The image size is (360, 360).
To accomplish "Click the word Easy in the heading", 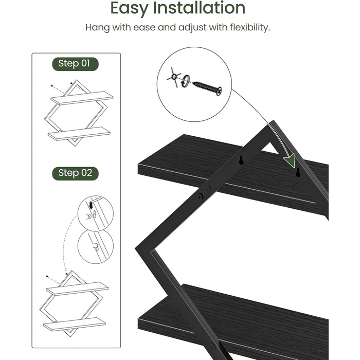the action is (x=129, y=9).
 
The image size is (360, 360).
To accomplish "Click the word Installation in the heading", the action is (x=199, y=8).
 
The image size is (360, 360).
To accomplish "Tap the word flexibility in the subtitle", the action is (x=250, y=28).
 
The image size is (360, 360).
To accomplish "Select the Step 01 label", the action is (x=75, y=64).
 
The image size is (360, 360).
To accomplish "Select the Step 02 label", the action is (x=75, y=173).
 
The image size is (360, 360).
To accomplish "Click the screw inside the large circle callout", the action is (x=207, y=88).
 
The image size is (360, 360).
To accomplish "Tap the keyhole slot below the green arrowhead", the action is (x=298, y=172).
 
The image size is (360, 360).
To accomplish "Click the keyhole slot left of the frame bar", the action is (x=241, y=160).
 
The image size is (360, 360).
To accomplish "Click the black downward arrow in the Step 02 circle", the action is (x=91, y=205).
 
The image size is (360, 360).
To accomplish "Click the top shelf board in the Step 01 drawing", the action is (x=82, y=98).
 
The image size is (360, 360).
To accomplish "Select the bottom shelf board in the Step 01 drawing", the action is (x=79, y=133).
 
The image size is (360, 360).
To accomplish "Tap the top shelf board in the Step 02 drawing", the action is (x=77, y=289).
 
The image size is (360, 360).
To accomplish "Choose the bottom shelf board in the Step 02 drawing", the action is (x=75, y=324).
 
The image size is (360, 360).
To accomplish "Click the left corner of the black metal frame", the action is (x=136, y=248).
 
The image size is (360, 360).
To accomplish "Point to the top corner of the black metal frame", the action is (x=272, y=121).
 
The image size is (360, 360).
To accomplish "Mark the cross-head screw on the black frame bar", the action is (x=200, y=196).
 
